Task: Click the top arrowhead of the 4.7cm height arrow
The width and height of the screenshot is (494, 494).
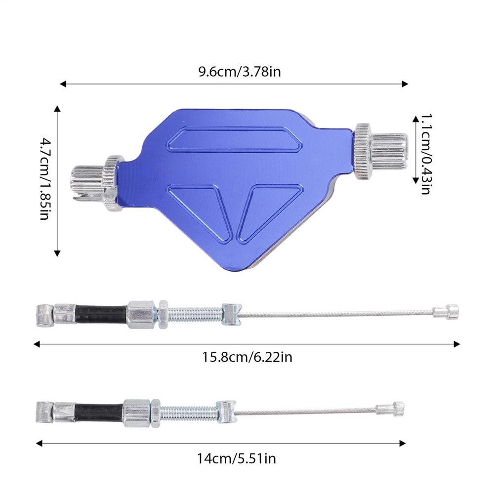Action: (x=57, y=108)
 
